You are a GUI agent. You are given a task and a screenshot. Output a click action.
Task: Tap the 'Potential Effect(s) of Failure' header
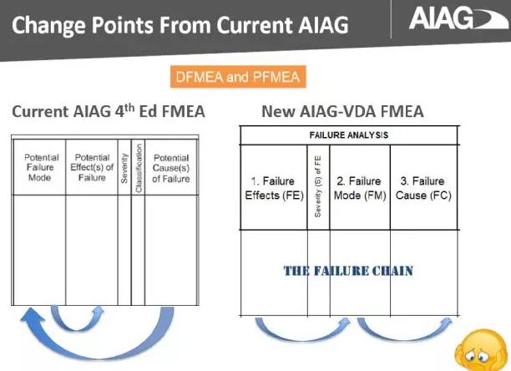[x=92, y=167]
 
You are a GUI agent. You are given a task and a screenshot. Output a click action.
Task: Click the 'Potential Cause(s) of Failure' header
[x=170, y=167]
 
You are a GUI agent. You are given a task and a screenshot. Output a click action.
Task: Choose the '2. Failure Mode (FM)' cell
[x=359, y=188]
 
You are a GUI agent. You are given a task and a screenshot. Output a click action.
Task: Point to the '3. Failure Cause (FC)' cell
[x=423, y=188]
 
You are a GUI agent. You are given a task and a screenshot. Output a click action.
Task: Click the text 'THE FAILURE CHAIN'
[x=348, y=271]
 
